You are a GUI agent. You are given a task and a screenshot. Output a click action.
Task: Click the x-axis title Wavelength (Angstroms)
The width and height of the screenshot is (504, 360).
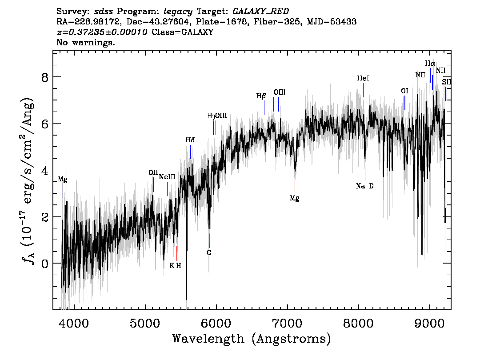(x=252, y=339)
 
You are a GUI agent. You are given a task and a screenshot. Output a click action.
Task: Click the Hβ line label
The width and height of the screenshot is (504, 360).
(x=261, y=96)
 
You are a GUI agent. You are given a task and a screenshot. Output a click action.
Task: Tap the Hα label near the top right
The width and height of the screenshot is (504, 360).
(x=430, y=64)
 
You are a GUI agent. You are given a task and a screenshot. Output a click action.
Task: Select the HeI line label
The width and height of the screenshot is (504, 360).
(x=363, y=78)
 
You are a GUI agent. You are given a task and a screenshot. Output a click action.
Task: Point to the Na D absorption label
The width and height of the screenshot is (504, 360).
(x=365, y=186)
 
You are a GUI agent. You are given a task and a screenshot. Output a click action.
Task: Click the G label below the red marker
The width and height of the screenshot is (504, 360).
(x=209, y=252)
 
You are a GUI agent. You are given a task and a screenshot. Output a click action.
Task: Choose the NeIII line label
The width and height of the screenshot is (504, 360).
(x=167, y=177)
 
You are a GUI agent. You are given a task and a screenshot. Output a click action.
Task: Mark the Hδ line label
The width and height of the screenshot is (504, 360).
(x=190, y=140)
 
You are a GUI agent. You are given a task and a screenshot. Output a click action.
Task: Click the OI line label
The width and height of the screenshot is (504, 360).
(x=404, y=91)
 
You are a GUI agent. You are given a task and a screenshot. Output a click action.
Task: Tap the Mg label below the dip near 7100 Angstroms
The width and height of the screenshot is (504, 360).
(x=294, y=198)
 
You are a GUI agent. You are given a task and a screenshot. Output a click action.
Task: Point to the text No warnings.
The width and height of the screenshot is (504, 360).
(x=86, y=43)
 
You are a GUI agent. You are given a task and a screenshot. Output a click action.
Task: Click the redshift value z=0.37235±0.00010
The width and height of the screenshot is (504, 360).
(x=103, y=32)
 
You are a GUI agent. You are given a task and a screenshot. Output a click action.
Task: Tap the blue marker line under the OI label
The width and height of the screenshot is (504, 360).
(x=404, y=103)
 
